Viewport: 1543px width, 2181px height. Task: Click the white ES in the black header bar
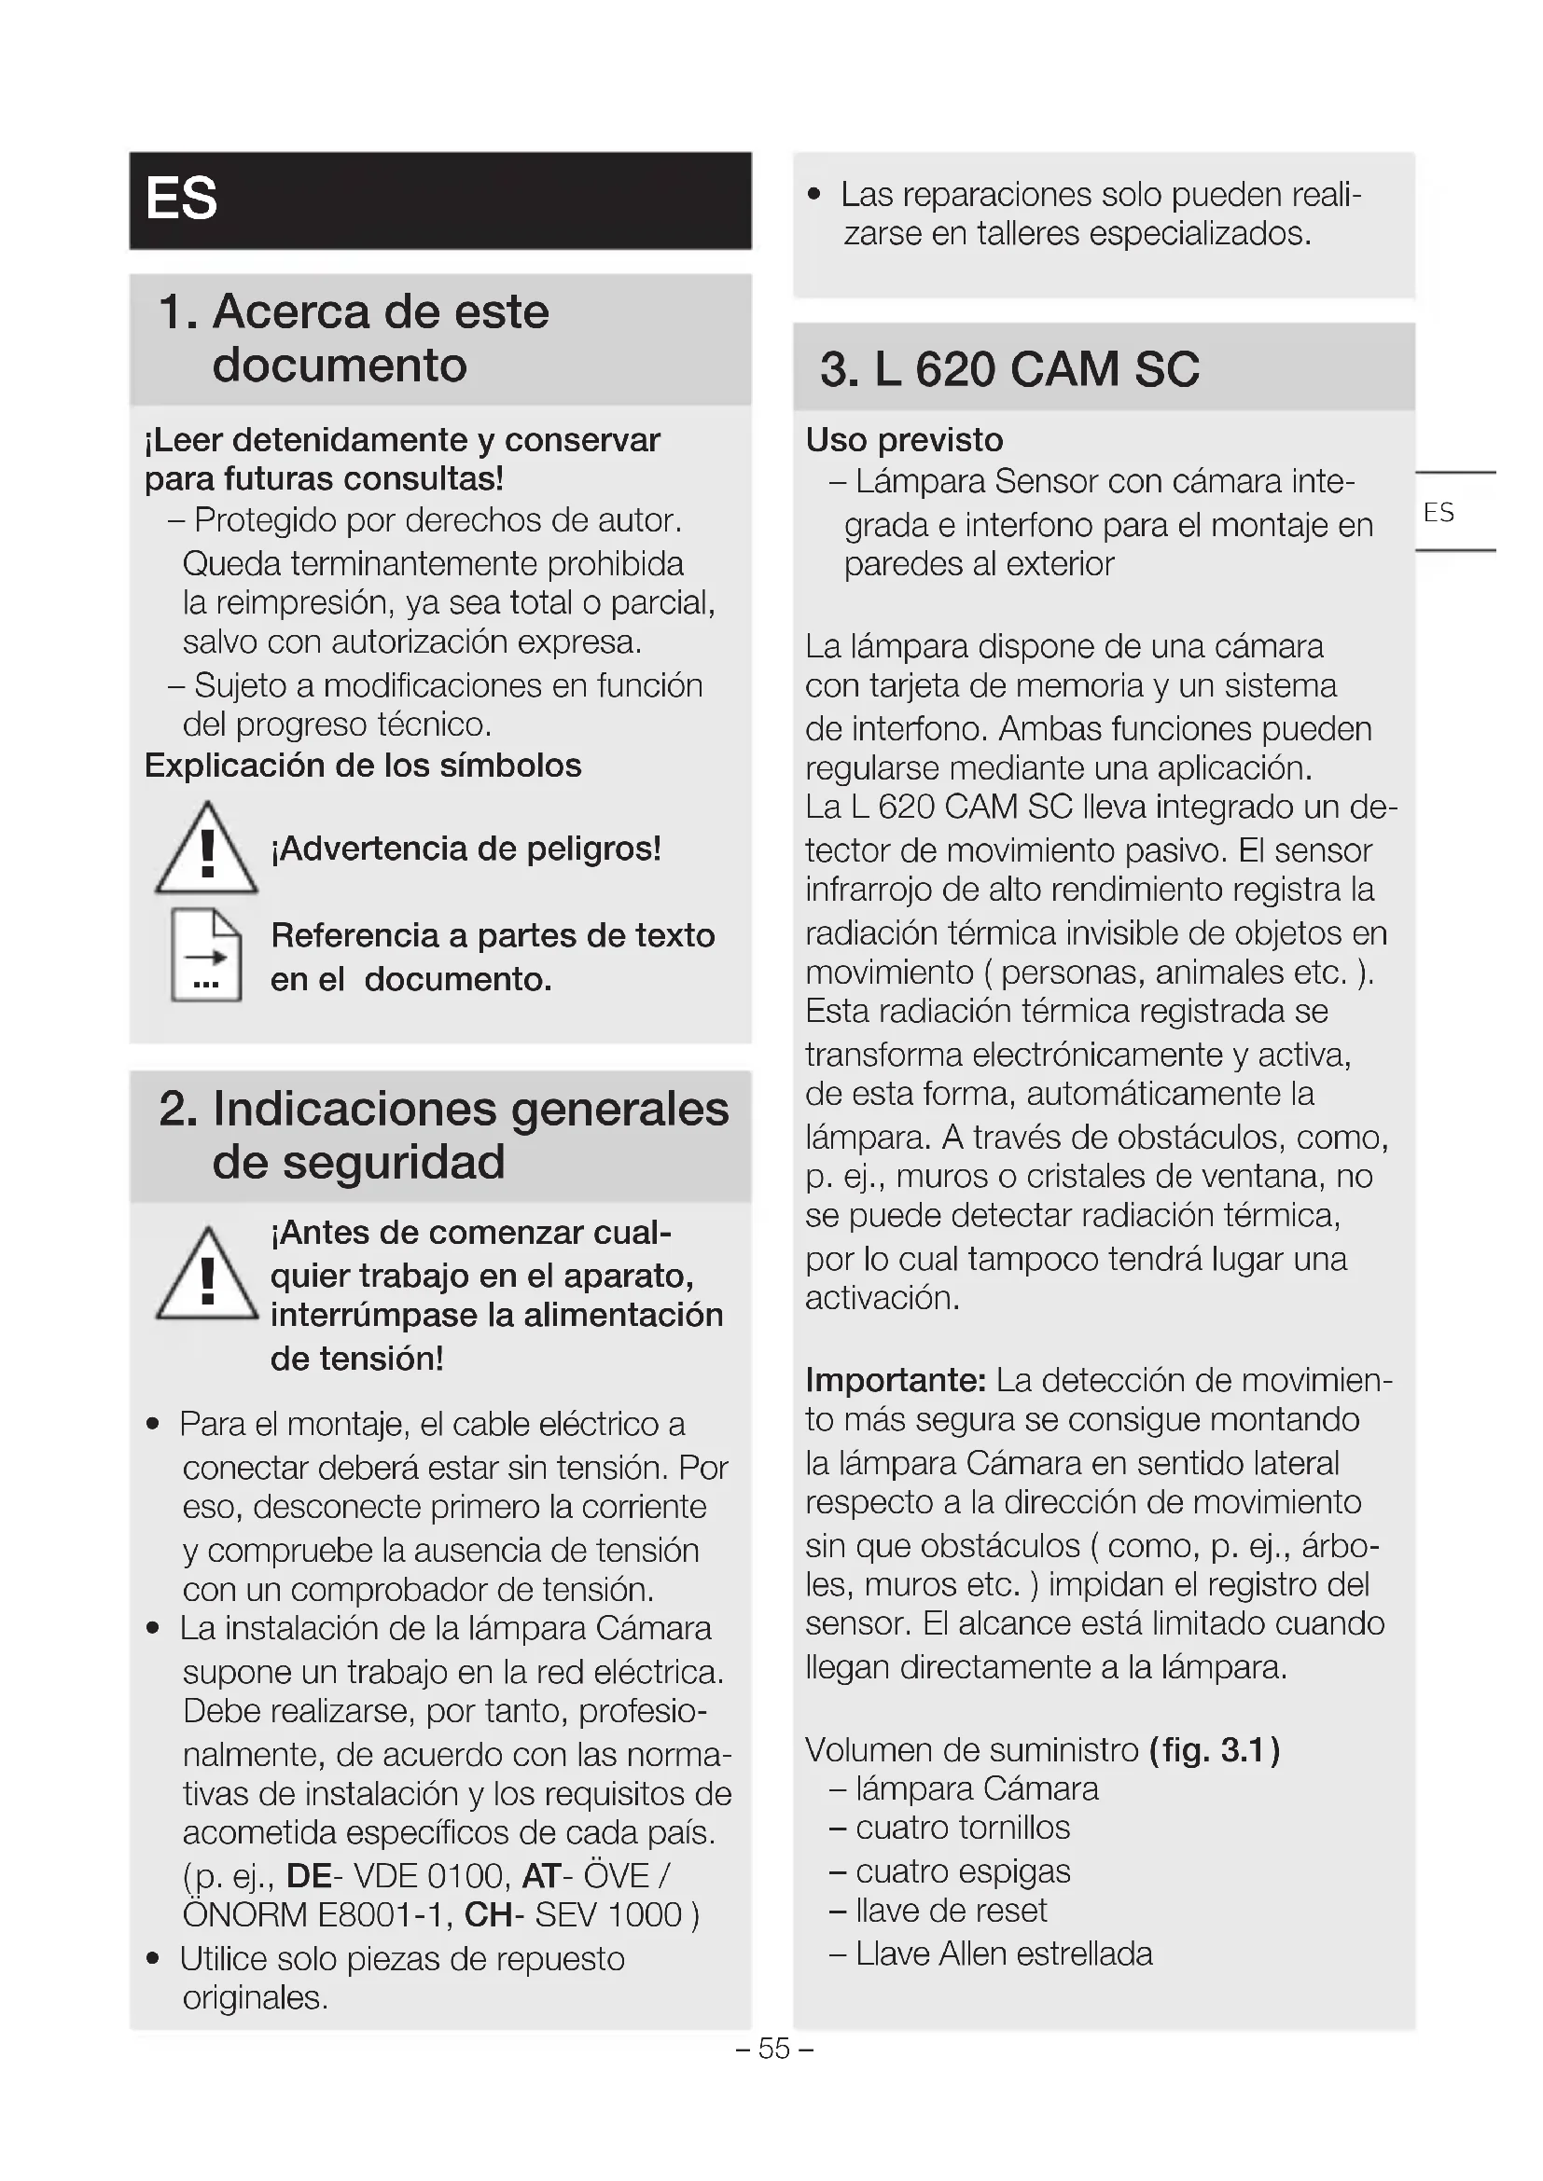point(182,200)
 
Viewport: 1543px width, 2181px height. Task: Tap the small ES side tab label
point(1439,513)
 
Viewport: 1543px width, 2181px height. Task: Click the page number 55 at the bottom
point(774,2049)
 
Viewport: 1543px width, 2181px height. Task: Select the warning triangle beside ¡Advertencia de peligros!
point(206,849)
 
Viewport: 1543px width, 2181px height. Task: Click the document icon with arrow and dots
point(206,956)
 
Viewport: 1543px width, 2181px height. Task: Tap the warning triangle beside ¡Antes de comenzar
point(206,1275)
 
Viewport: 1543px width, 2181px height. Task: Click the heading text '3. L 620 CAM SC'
point(1009,368)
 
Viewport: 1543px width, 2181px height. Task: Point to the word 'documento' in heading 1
point(340,365)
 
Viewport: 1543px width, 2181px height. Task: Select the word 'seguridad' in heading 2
point(358,1162)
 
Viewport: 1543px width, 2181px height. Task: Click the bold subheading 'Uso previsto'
point(904,440)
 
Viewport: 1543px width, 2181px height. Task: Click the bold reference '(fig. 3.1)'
point(1215,1749)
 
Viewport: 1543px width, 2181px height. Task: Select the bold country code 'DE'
point(309,1876)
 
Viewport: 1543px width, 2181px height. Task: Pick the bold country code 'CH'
point(488,1915)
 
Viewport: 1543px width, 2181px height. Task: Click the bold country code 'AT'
point(542,1876)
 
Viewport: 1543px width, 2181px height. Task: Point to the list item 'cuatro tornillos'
point(962,1828)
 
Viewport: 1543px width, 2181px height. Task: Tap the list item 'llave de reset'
point(950,1911)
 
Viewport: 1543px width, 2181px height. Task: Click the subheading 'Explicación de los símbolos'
point(362,766)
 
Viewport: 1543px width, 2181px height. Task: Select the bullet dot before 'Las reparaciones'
point(813,196)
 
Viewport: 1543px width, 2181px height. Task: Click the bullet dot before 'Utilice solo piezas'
point(153,1959)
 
